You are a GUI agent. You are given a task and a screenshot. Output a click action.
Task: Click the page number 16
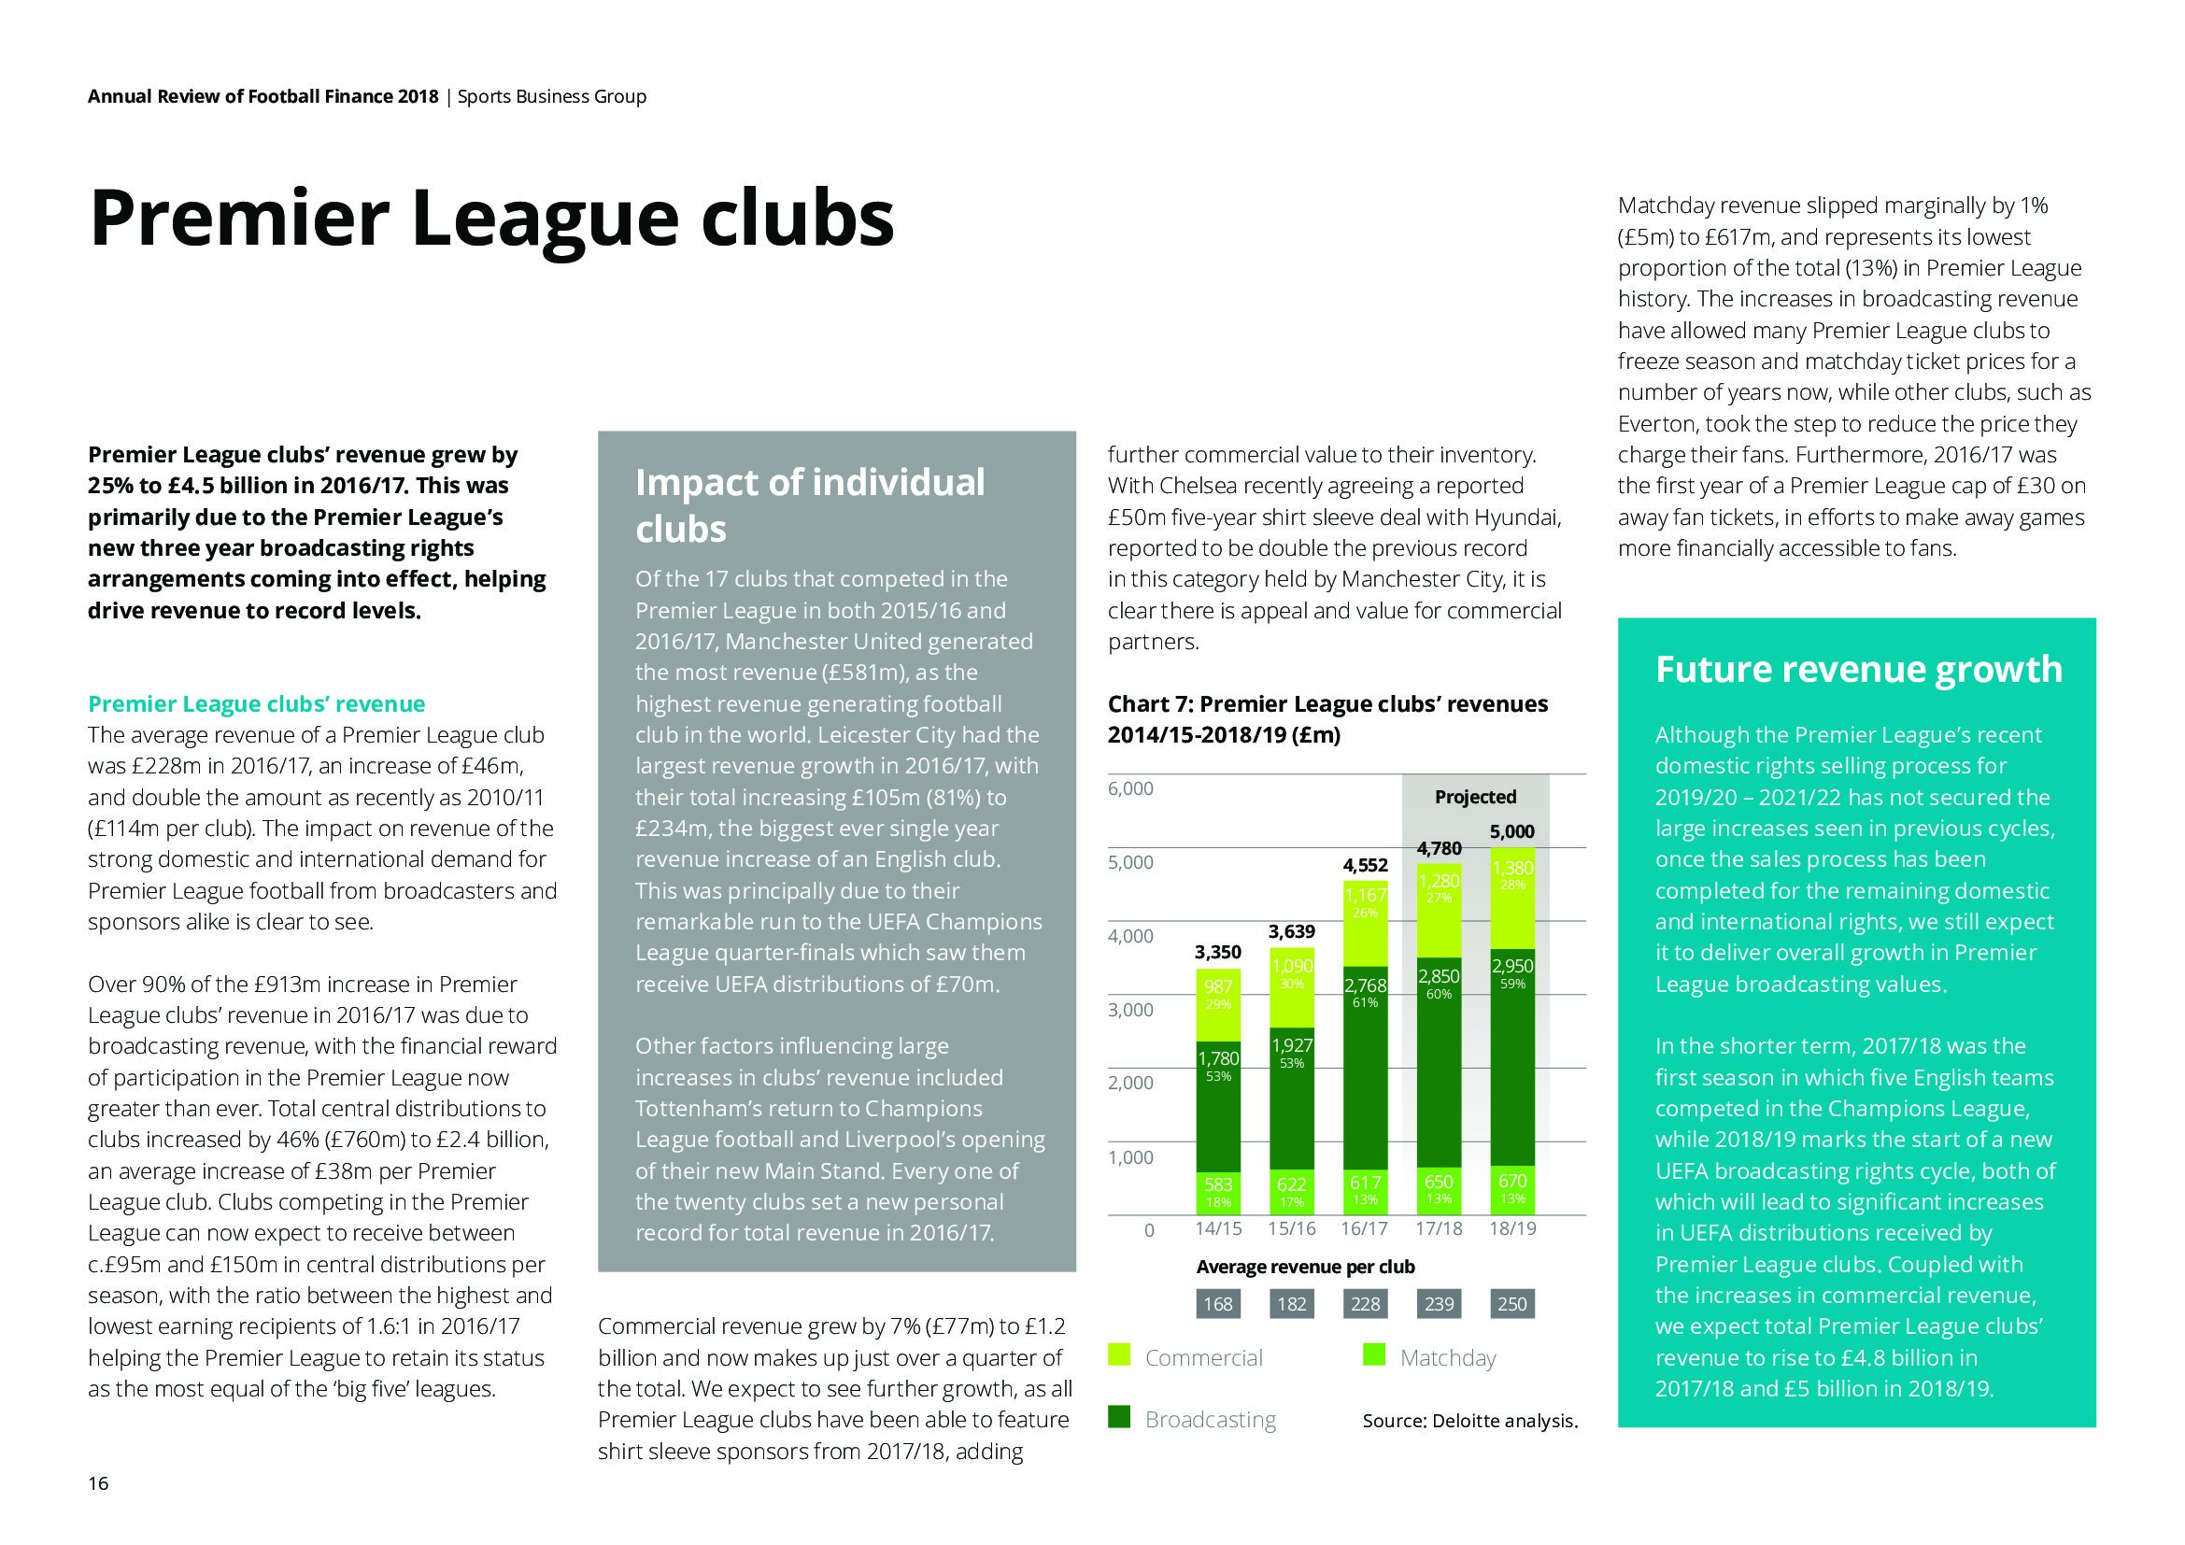click(x=98, y=1483)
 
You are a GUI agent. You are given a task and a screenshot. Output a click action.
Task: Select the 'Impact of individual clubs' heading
click(x=810, y=505)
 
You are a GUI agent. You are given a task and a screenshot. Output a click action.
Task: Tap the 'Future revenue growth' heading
click(x=1859, y=669)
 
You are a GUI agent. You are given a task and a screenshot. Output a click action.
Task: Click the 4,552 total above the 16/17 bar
click(x=1365, y=865)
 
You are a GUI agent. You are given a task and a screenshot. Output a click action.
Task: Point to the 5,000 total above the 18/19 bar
click(x=1511, y=831)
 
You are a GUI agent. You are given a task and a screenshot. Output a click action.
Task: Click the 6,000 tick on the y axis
click(x=1130, y=788)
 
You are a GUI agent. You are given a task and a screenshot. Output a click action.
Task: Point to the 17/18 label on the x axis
click(x=1438, y=1228)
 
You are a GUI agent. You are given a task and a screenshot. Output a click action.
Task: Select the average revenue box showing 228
click(x=1365, y=1303)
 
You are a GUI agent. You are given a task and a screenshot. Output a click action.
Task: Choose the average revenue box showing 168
click(x=1218, y=1303)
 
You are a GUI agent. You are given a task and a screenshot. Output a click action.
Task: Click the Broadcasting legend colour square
click(x=1119, y=1418)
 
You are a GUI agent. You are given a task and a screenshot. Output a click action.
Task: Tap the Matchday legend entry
click(x=1447, y=1357)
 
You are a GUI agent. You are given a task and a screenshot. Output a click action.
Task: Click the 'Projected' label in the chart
click(x=1475, y=797)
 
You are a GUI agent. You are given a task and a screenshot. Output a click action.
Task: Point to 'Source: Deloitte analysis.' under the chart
click(x=1469, y=1422)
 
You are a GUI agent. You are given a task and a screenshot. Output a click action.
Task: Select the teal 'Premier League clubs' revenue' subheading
click(x=256, y=704)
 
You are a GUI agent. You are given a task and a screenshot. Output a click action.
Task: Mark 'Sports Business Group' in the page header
click(x=552, y=96)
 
